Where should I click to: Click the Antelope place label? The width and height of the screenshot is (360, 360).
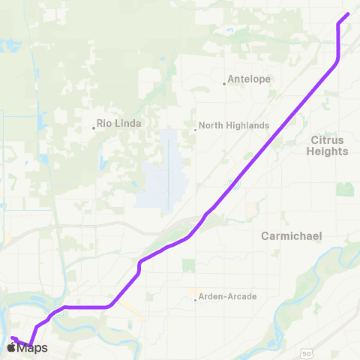coord(250,78)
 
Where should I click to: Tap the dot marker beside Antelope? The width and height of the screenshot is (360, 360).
coord(224,83)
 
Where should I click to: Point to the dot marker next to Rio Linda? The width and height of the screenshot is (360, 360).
coord(94,127)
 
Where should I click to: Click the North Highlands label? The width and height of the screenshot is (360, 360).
coord(234,127)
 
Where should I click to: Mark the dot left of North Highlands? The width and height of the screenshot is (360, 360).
coord(196,128)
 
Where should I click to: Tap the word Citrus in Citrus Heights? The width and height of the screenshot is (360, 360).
coord(327,139)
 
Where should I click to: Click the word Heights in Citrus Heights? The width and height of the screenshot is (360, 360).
coord(327,151)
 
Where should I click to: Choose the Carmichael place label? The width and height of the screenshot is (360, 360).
coord(291,235)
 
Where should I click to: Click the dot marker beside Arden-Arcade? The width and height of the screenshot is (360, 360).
coord(196,300)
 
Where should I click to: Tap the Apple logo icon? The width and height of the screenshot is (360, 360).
coord(13,348)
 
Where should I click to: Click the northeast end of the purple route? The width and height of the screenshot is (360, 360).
coord(347,15)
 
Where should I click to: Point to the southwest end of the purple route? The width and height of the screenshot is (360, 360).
coord(13,338)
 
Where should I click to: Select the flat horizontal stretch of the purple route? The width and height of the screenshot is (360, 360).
coord(86,307)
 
